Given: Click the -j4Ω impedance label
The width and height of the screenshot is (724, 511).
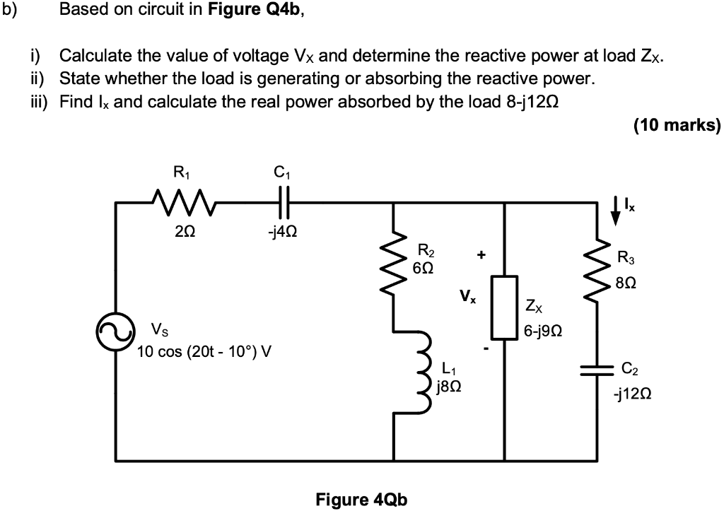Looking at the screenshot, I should [x=283, y=233].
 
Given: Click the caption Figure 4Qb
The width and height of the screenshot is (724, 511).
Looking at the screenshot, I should [x=361, y=499].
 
